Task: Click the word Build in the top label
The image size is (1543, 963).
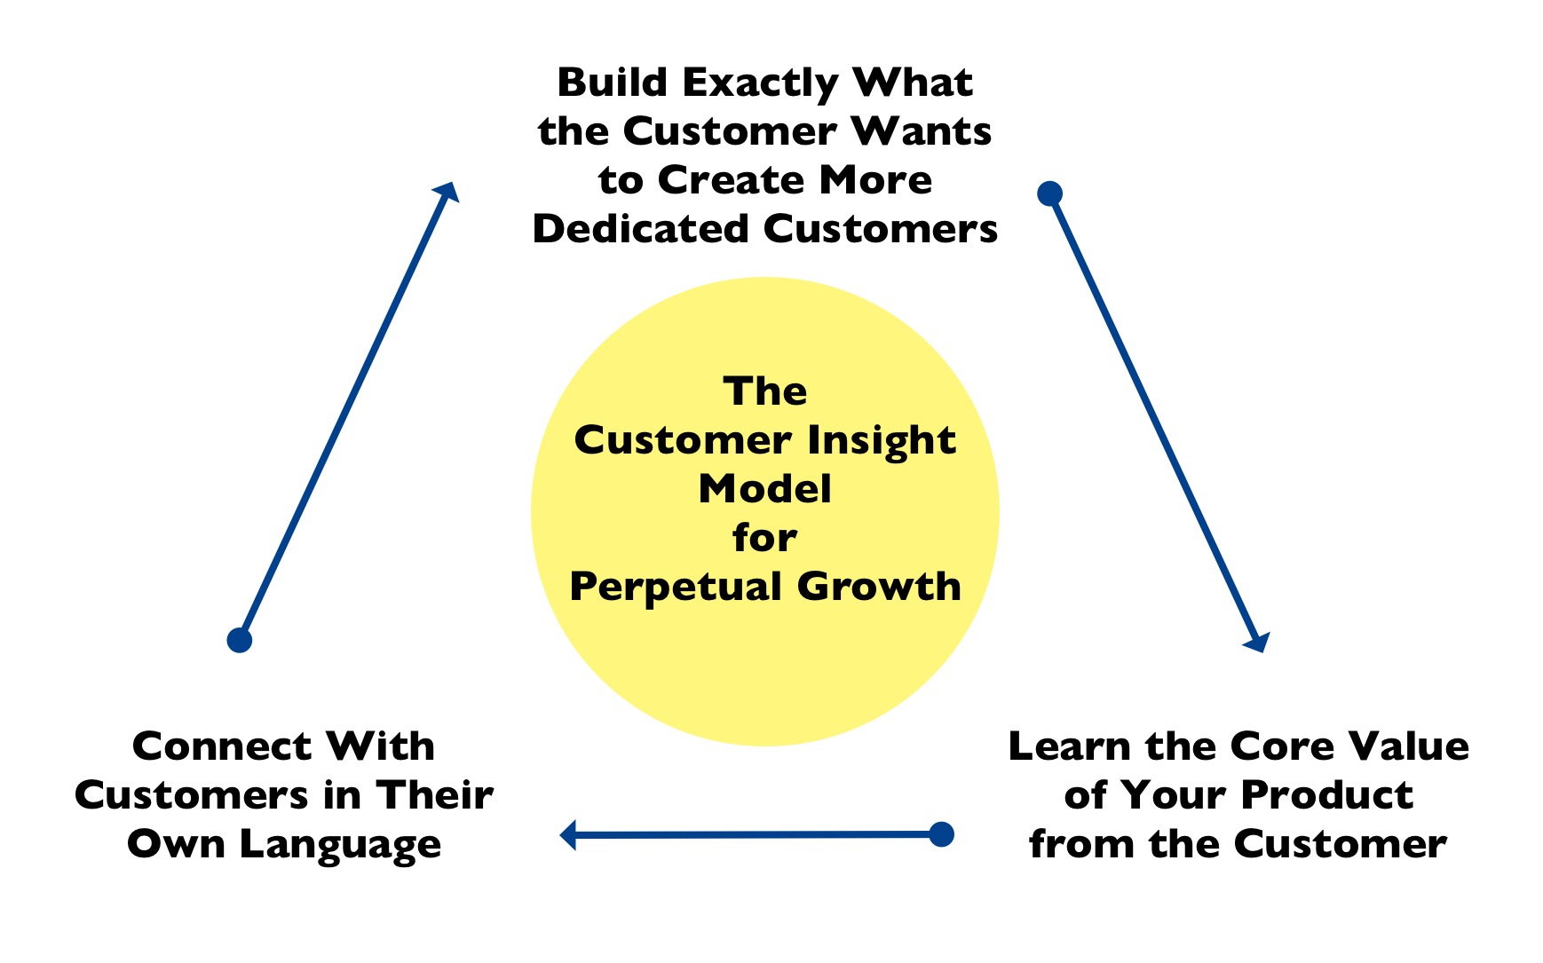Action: tap(613, 83)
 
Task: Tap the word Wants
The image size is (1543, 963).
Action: tap(922, 131)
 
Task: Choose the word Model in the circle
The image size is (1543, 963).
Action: tap(765, 489)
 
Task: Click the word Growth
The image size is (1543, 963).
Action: tap(879, 587)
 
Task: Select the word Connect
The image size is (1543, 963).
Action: tap(222, 746)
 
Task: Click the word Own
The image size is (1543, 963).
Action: tap(176, 844)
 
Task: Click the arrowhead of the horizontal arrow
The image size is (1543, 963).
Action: tap(568, 835)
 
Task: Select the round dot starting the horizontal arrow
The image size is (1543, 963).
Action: tap(941, 834)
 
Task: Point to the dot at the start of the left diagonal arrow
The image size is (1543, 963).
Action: tap(240, 640)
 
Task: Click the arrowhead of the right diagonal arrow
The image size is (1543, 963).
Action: tap(1258, 642)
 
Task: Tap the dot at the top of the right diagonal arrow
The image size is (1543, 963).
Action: tap(1050, 193)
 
